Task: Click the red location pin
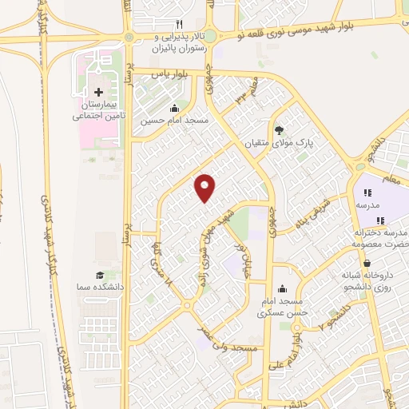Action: click(x=205, y=187)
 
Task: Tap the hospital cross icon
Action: click(x=98, y=93)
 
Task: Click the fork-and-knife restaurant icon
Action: click(x=179, y=24)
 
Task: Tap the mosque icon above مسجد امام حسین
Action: click(x=175, y=109)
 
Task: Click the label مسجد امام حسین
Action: click(x=174, y=121)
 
